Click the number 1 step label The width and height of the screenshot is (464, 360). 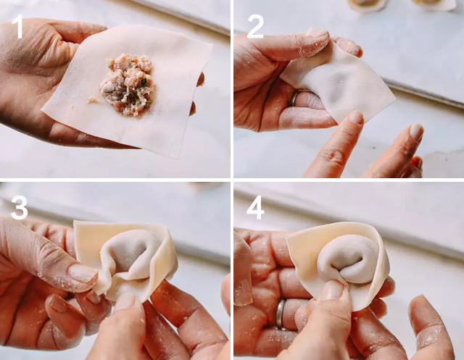point(17,27)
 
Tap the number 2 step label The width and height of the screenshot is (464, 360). point(255,27)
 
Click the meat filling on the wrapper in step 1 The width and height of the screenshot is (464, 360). point(128,84)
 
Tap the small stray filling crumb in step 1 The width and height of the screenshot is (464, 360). point(92,100)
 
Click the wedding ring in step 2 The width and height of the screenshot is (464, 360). point(297,97)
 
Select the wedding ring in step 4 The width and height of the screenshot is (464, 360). point(281,314)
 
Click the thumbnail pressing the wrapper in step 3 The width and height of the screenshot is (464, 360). point(84,272)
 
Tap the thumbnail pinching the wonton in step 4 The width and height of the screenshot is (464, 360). point(332,290)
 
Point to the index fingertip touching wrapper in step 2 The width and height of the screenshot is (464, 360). point(355,117)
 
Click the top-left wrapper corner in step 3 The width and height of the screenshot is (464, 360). point(75,222)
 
